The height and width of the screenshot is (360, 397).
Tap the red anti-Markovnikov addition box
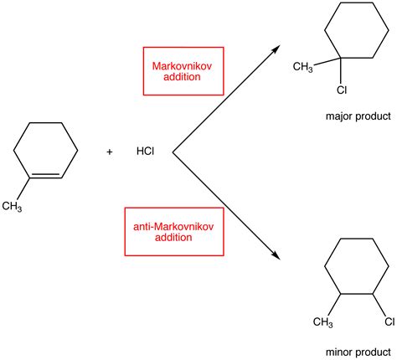click(173, 231)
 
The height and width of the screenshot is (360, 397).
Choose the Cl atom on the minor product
click(389, 322)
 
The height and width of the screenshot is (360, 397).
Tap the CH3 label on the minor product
click(324, 322)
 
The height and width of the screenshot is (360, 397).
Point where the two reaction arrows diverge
click(173, 152)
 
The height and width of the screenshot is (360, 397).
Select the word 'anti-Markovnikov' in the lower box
click(173, 225)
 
